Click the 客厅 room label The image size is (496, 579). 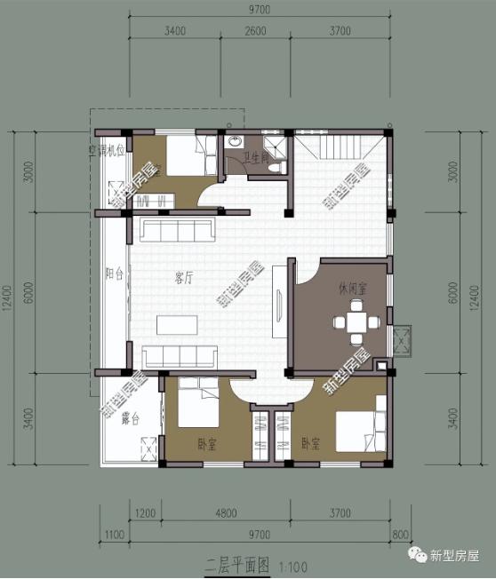(184, 278)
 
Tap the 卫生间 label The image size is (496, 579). (258, 159)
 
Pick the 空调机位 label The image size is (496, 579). (105, 150)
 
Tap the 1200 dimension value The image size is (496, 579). (147, 513)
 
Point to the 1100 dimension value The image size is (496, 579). (111, 534)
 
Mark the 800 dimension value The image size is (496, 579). (398, 534)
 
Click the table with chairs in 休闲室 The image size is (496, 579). (357, 322)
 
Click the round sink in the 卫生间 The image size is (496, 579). (236, 142)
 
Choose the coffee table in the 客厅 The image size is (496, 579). (178, 324)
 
